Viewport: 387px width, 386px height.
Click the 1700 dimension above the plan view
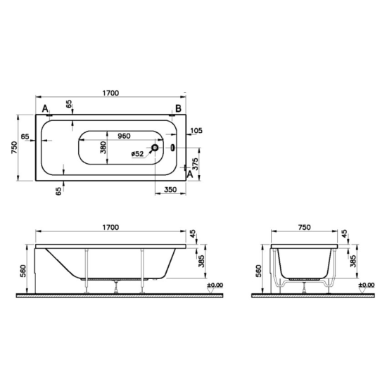pyautogui.click(x=109, y=92)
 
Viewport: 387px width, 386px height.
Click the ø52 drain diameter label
pyautogui.click(x=138, y=153)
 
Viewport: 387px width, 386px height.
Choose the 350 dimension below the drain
pyautogui.click(x=170, y=190)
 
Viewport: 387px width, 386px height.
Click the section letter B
pyautogui.click(x=178, y=108)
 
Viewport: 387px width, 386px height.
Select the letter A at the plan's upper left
pyautogui.click(x=46, y=108)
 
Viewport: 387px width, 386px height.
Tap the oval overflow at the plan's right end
pyautogui.click(x=174, y=148)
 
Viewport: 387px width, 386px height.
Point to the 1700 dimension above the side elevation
pyautogui.click(x=109, y=227)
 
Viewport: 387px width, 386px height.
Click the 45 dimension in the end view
pyautogui.click(x=344, y=233)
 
